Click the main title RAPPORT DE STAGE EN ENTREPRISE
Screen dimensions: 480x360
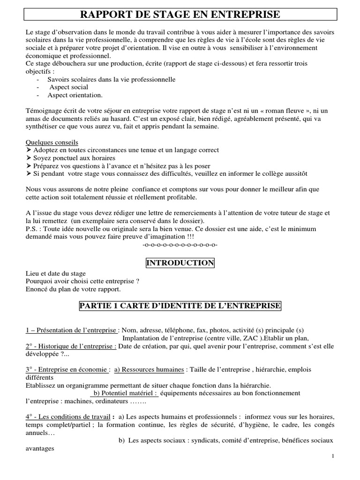[x=180, y=15]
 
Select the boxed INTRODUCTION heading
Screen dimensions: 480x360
[x=180, y=263]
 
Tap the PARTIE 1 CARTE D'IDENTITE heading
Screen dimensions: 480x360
[x=180, y=306]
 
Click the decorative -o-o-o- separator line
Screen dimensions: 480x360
[x=180, y=245]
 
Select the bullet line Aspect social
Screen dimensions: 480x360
[x=67, y=87]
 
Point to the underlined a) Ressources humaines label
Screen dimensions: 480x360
[x=149, y=369]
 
